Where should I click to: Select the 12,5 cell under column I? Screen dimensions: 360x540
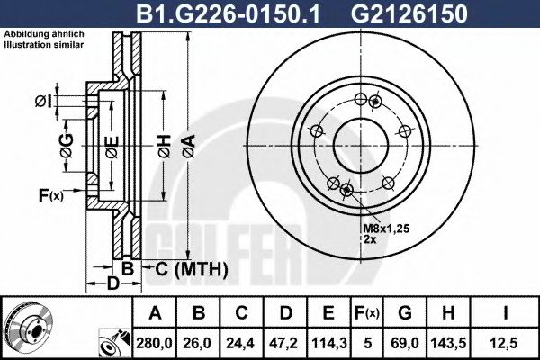(508, 341)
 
